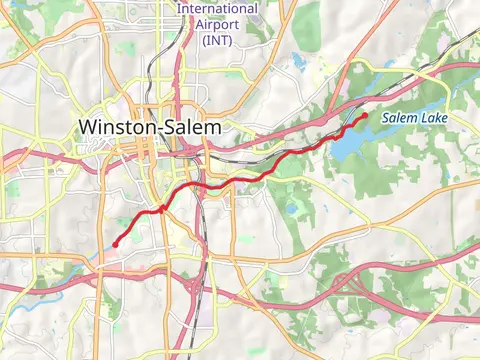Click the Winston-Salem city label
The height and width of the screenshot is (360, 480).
pos(149,127)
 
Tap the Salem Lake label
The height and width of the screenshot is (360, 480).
pos(415,119)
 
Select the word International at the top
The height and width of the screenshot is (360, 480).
pos(217,8)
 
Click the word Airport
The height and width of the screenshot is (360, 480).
pos(217,24)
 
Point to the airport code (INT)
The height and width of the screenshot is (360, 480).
pos(217,40)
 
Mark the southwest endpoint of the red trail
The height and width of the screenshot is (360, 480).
pos(116,243)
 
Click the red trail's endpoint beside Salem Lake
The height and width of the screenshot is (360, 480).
pos(364,115)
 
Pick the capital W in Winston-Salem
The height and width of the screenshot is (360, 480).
pos(88,127)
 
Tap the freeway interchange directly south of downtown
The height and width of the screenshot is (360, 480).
pos(196,290)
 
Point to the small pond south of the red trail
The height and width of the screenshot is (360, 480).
pos(291,210)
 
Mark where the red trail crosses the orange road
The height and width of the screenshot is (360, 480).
pos(163,208)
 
